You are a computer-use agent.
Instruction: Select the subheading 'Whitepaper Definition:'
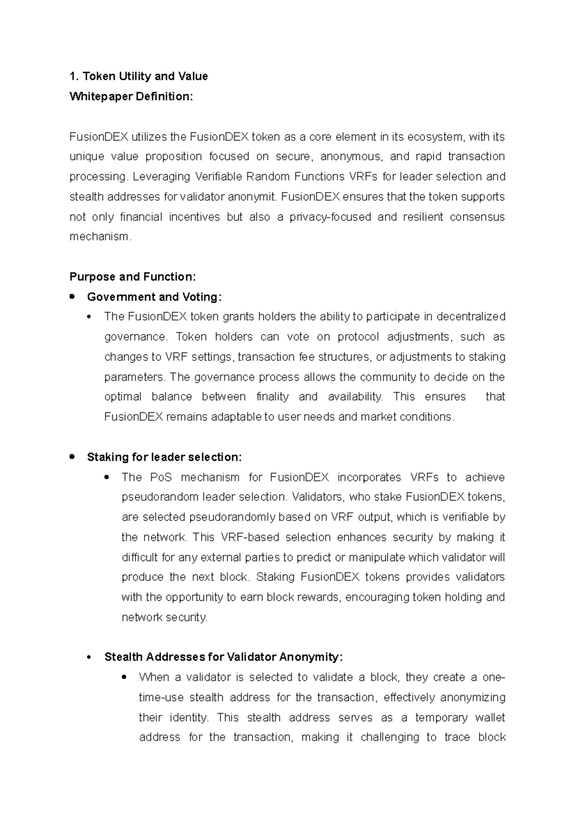[131, 96]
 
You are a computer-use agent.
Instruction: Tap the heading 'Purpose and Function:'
[133, 277]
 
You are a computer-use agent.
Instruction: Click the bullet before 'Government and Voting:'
[72, 297]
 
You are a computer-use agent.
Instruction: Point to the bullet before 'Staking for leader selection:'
[72, 456]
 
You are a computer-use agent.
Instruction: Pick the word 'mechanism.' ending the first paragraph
[100, 237]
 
